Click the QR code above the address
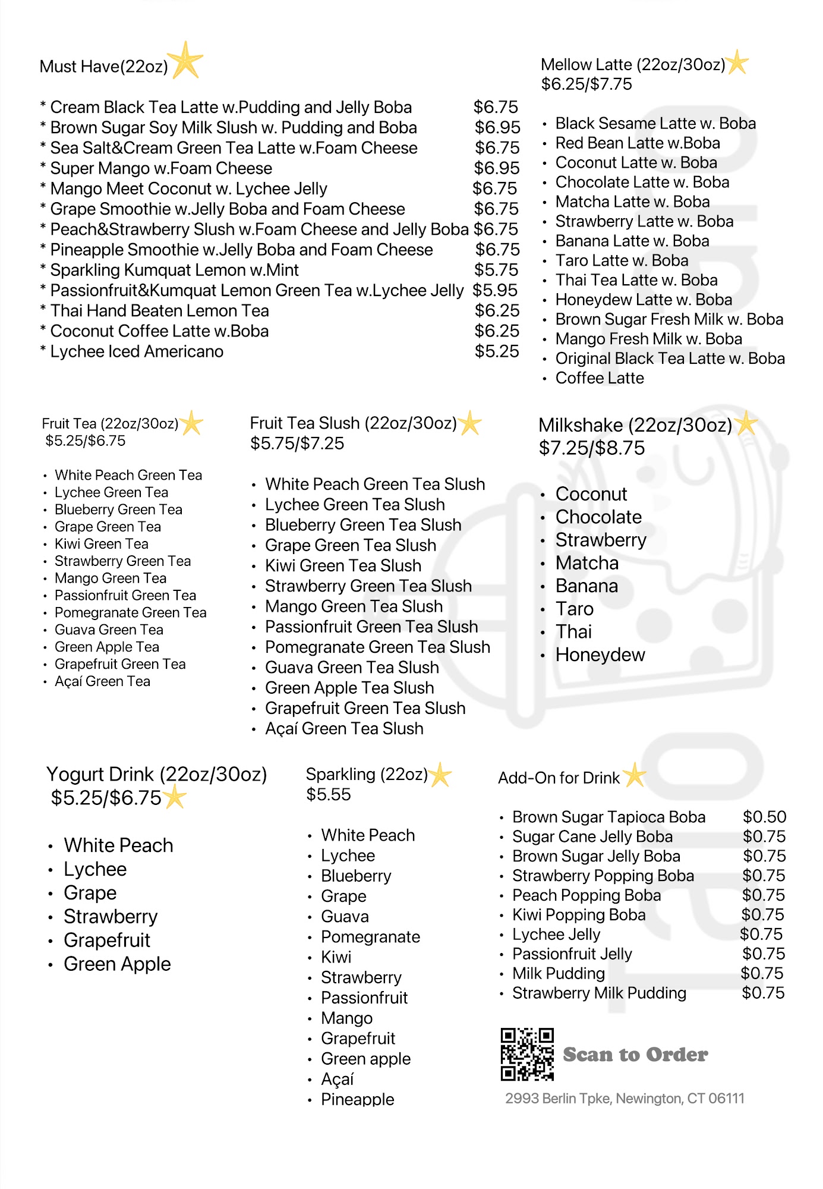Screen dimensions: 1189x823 coord(527,1054)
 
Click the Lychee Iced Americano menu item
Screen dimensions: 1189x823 coord(137,351)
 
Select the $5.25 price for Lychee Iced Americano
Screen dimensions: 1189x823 coord(497,351)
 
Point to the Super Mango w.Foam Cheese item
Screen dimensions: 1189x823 coord(161,168)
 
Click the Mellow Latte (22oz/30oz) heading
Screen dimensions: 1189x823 coord(633,64)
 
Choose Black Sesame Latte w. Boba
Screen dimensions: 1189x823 coord(655,123)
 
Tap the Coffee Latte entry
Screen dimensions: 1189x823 coord(599,378)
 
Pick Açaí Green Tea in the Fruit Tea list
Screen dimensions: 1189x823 coord(102,681)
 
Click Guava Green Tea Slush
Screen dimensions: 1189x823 coord(352,668)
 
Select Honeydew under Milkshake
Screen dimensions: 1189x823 coord(600,655)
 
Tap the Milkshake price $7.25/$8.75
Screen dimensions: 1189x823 coord(591,448)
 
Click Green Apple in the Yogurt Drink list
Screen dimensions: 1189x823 coord(117,964)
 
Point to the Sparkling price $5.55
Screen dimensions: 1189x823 coord(329,794)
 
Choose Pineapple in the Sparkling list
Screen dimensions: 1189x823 coord(357,1099)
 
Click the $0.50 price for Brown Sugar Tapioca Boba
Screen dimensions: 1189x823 coord(764,817)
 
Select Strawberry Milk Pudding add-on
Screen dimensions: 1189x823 coord(599,993)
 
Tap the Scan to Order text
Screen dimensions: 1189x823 coord(635,1055)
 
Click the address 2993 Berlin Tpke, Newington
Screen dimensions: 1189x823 coord(625,1098)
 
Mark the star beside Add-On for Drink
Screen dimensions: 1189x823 coord(635,775)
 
